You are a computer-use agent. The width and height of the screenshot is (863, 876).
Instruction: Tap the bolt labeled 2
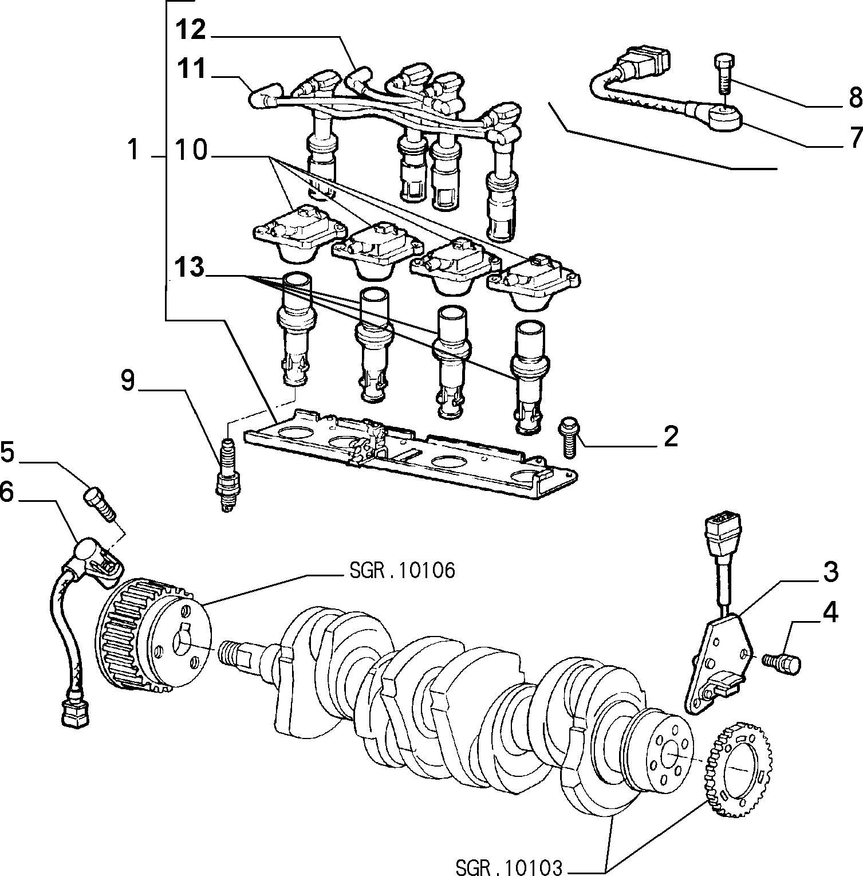coord(569,437)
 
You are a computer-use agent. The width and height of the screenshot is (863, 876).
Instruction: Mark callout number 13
coord(190,268)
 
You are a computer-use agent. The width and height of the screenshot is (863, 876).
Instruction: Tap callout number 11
coord(190,69)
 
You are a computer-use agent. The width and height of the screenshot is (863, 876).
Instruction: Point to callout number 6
coord(7,492)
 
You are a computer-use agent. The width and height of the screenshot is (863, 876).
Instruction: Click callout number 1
coord(133,150)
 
